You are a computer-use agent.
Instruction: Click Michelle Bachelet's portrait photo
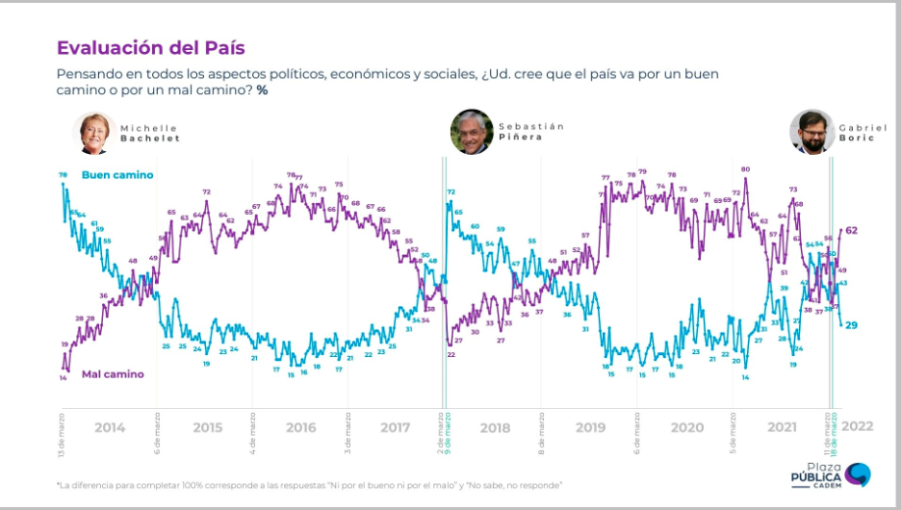(x=94, y=133)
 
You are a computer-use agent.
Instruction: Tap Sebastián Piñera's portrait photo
(x=472, y=132)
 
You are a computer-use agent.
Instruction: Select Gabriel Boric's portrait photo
(x=811, y=132)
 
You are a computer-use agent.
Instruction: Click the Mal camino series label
(x=112, y=373)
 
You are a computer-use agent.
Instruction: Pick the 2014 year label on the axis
(x=110, y=427)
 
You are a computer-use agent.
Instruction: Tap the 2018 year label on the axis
(x=494, y=427)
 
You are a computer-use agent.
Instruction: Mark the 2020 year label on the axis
(x=686, y=427)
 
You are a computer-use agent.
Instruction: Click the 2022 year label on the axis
(x=858, y=426)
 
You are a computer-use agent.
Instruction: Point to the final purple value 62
(x=852, y=231)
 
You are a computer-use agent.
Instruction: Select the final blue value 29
(x=851, y=325)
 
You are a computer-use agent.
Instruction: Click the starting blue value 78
(x=63, y=174)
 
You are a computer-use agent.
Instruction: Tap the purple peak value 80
(x=745, y=169)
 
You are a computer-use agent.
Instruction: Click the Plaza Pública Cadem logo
(x=829, y=475)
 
